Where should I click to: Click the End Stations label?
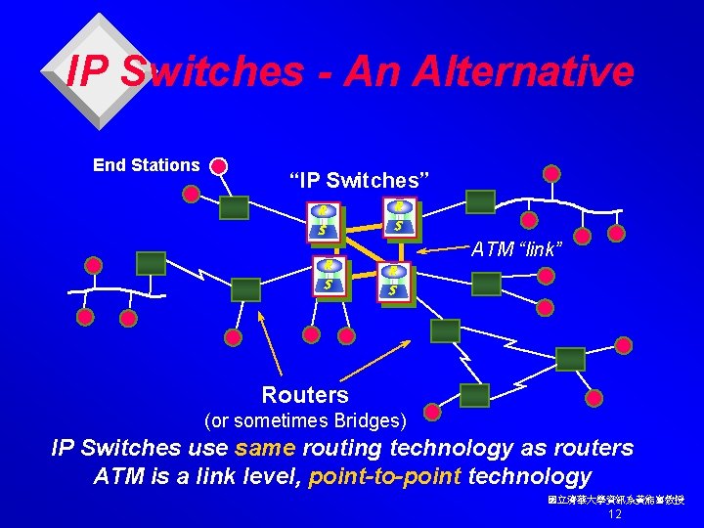(x=146, y=165)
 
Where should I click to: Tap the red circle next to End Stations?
(x=219, y=166)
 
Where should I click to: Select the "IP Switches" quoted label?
(x=354, y=180)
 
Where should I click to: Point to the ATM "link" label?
(x=515, y=249)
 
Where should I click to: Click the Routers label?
(x=305, y=395)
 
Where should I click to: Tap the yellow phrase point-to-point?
(x=385, y=476)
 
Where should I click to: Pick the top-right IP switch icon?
(x=399, y=216)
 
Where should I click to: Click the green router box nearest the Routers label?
(x=474, y=395)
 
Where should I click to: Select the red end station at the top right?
(x=552, y=174)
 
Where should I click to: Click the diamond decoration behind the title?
(x=101, y=71)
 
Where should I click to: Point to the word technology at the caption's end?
(x=530, y=476)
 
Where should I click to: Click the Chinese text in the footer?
(x=616, y=499)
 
